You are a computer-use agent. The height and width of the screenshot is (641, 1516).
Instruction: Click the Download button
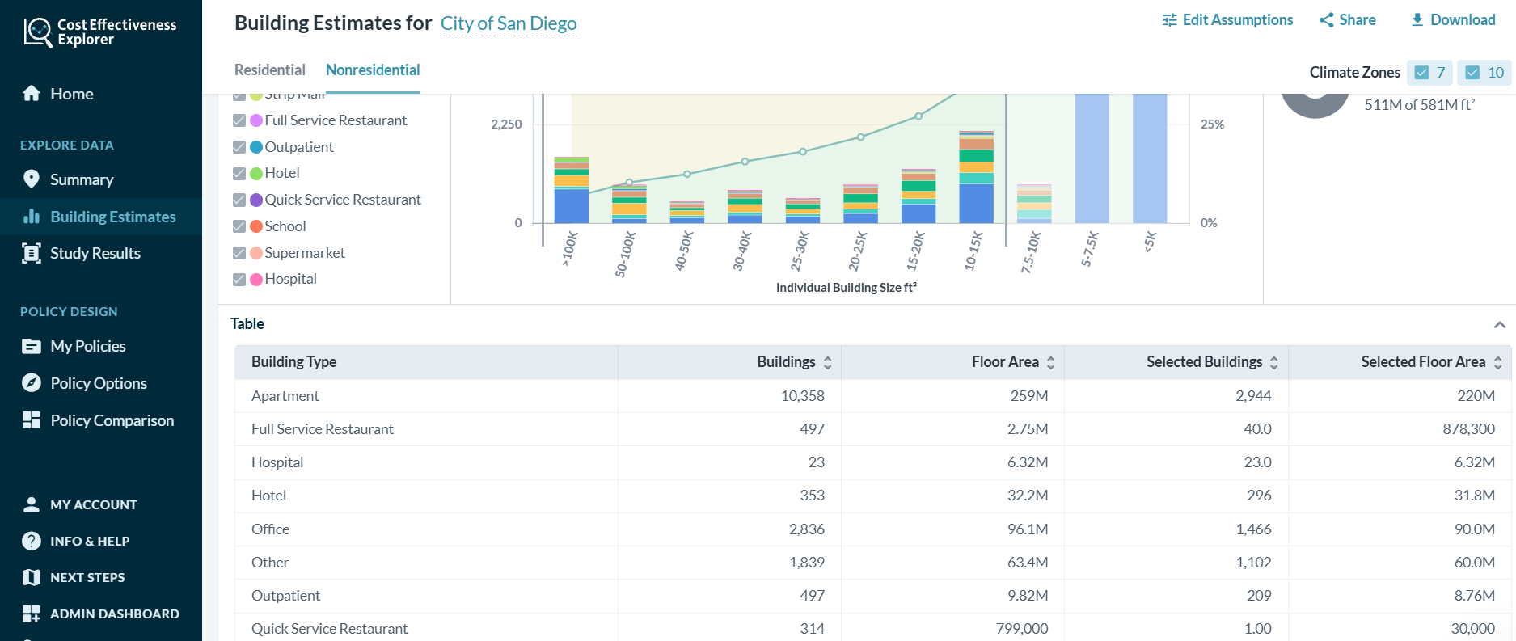pyautogui.click(x=1453, y=20)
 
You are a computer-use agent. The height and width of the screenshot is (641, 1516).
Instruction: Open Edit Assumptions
pyautogui.click(x=1227, y=20)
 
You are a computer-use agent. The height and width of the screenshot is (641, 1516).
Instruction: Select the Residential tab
pyautogui.click(x=269, y=70)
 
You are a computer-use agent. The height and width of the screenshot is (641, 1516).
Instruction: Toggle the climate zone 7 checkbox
pyautogui.click(x=1422, y=73)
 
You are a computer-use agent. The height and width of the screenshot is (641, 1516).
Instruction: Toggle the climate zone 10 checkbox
pyautogui.click(x=1473, y=73)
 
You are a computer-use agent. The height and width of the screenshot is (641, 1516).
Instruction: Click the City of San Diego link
pyautogui.click(x=508, y=24)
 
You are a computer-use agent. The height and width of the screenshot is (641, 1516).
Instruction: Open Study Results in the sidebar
pyautogui.click(x=95, y=254)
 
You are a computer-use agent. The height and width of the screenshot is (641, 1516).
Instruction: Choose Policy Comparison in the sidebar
pyautogui.click(x=112, y=420)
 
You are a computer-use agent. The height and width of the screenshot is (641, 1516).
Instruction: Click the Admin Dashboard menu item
pyautogui.click(x=114, y=614)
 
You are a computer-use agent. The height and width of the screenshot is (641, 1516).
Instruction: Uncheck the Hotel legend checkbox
pyautogui.click(x=239, y=174)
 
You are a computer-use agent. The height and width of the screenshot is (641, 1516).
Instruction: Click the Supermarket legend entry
pyautogui.click(x=304, y=253)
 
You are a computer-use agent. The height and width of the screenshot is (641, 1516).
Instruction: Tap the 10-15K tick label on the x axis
pyautogui.click(x=973, y=251)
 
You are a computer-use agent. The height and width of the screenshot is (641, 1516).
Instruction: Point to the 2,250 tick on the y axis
pyautogui.click(x=506, y=124)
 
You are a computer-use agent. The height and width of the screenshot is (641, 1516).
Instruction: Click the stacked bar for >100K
pyautogui.click(x=571, y=191)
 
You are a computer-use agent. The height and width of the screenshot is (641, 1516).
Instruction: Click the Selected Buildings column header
pyautogui.click(x=1203, y=362)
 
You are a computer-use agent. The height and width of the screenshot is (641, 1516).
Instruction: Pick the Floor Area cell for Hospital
pyautogui.click(x=1028, y=462)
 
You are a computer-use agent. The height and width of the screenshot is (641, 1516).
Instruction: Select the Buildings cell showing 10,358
pyautogui.click(x=802, y=396)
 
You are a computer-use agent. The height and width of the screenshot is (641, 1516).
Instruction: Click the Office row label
pyautogui.click(x=270, y=529)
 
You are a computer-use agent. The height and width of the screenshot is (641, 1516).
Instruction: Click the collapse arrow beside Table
pyautogui.click(x=1499, y=325)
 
